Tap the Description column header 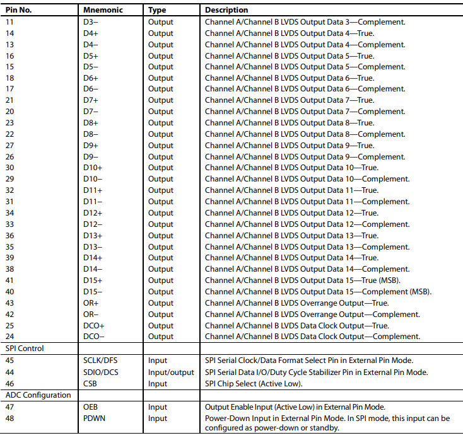coord(226,10)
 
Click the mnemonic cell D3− coord(91,22)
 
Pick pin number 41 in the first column coord(10,280)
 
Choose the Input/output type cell coord(171,372)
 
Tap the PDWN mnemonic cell coord(95,418)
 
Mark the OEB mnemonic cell coord(91,407)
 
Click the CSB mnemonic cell coord(90,383)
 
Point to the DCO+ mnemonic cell coord(94,326)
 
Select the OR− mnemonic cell coord(91,314)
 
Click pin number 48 coord(10,418)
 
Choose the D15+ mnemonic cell coord(93,280)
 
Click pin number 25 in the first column coord(10,326)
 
